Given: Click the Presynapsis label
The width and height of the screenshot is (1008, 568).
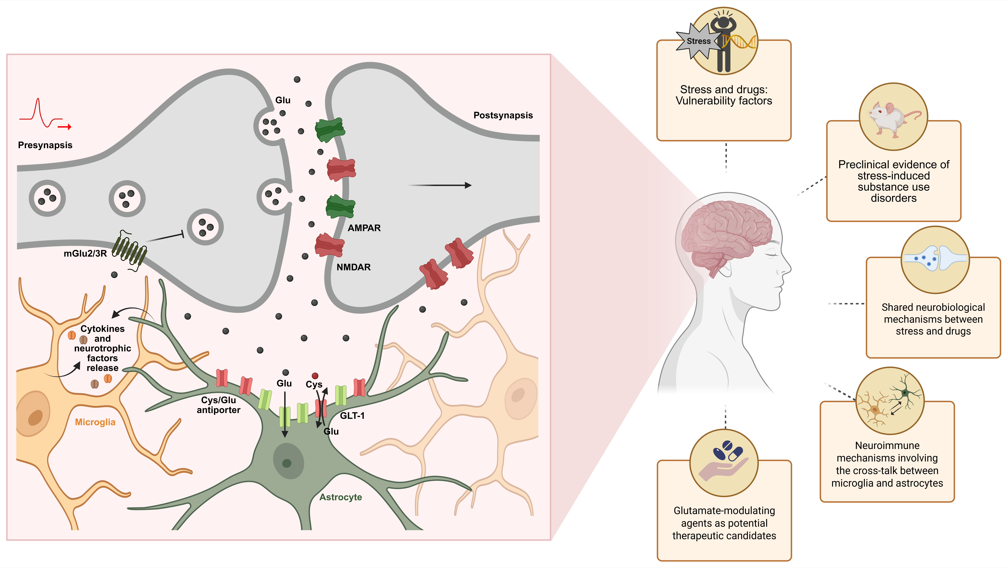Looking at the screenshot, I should pos(45,145).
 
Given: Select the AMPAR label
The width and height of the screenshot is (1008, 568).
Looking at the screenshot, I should pos(364,228).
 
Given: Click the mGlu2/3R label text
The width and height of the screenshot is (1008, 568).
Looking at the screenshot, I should pos(85,254).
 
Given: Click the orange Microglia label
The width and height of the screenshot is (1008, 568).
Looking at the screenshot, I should pos(95,422).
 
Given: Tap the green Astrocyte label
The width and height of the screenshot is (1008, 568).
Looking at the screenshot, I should pos(340,497).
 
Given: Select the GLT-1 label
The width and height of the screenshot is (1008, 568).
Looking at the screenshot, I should pos(352,416).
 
